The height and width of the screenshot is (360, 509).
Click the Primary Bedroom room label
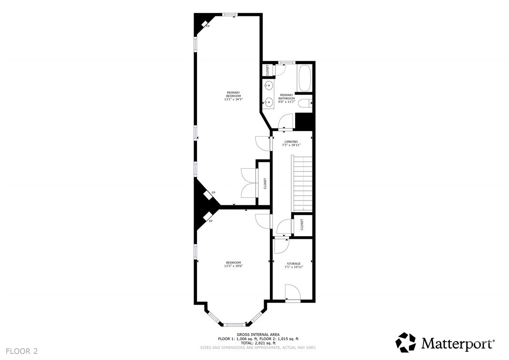coord(233,96)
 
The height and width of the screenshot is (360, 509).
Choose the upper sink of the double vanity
coord(268,86)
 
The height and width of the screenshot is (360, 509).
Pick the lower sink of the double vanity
coord(268,102)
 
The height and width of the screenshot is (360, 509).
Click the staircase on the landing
coord(302,183)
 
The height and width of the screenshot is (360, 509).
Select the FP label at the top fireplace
coord(208,26)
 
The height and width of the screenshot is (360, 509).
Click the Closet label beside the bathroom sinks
coord(268,70)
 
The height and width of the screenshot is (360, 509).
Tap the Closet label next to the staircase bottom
coord(302,225)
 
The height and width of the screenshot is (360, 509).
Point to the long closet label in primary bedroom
coord(265,184)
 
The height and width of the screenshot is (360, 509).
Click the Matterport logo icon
coord(406,342)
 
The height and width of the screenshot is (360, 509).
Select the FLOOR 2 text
coord(22,351)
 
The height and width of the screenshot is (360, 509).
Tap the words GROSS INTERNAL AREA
coord(258,334)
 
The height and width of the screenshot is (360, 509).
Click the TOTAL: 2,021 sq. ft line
coord(258,343)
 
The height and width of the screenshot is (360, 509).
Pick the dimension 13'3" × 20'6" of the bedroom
coord(233,266)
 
